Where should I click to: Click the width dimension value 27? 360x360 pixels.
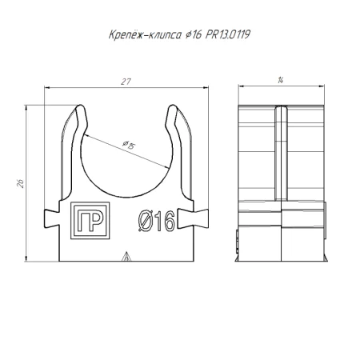point(126,82)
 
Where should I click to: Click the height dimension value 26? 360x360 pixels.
point(21,183)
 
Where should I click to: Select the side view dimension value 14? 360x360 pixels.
point(280,80)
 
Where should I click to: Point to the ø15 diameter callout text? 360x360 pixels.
point(129,145)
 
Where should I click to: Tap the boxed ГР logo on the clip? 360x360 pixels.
point(90,221)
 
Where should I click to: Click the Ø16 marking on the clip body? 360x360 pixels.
point(157,221)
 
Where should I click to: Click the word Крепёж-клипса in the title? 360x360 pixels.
point(145,34)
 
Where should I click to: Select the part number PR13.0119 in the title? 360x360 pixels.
point(228,34)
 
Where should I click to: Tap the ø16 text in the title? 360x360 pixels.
point(193,34)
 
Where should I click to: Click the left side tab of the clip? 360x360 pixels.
point(52,218)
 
